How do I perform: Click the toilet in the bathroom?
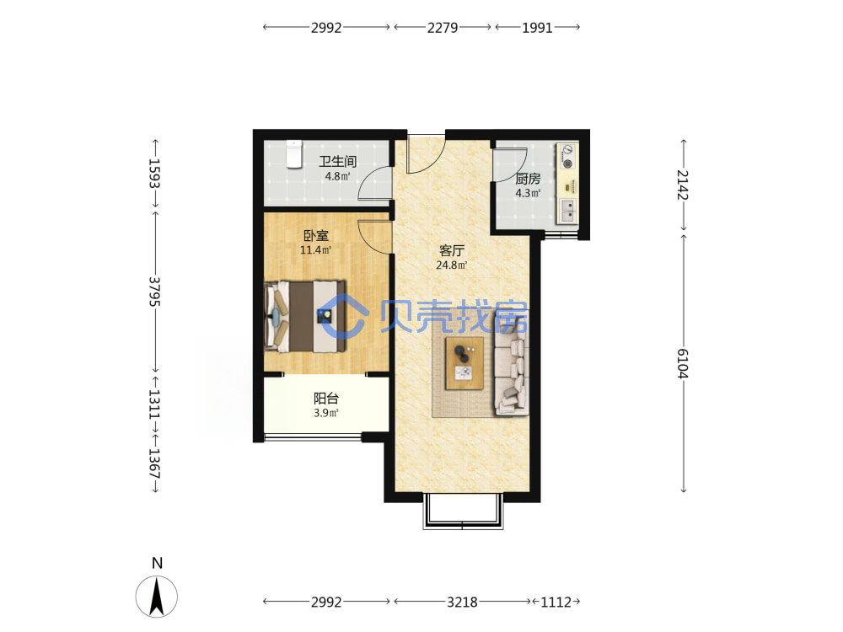[x=293, y=154]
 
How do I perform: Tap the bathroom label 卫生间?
[x=338, y=161]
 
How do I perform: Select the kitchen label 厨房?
[x=528, y=179]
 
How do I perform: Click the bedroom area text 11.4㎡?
[x=315, y=250]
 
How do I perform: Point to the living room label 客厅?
[x=452, y=250]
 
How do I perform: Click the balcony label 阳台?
[x=325, y=399]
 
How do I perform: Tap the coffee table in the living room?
[x=464, y=363]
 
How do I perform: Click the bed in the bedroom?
[x=305, y=317]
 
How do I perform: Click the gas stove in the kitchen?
[x=567, y=157]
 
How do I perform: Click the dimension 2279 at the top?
[x=443, y=28]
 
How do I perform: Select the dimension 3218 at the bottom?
[x=462, y=602]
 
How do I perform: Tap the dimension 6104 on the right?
[x=683, y=364]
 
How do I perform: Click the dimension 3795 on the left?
[x=155, y=292]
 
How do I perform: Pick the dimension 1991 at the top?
[x=538, y=28]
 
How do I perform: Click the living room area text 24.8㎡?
[x=452, y=265]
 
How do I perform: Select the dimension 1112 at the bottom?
[x=556, y=602]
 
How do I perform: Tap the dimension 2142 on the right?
[x=683, y=185]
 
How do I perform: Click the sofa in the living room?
[x=512, y=362]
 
